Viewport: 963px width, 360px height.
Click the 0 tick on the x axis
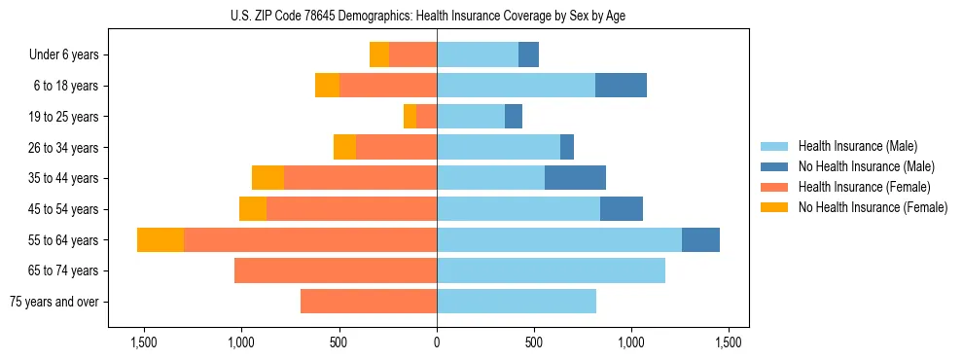437,342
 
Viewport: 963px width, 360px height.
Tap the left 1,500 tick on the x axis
143,342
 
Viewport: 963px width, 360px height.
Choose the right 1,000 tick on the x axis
631,342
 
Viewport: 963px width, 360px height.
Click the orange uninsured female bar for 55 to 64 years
160,239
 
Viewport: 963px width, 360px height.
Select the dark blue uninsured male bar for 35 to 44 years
575,178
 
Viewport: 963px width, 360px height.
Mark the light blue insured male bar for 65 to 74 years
551,270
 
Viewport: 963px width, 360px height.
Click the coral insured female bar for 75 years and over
369,302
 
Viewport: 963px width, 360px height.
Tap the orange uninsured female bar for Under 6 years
379,55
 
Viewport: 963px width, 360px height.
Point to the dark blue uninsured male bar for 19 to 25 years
514,117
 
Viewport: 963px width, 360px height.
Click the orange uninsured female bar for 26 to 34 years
344,147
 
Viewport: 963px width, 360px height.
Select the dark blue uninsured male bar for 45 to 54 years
622,209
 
